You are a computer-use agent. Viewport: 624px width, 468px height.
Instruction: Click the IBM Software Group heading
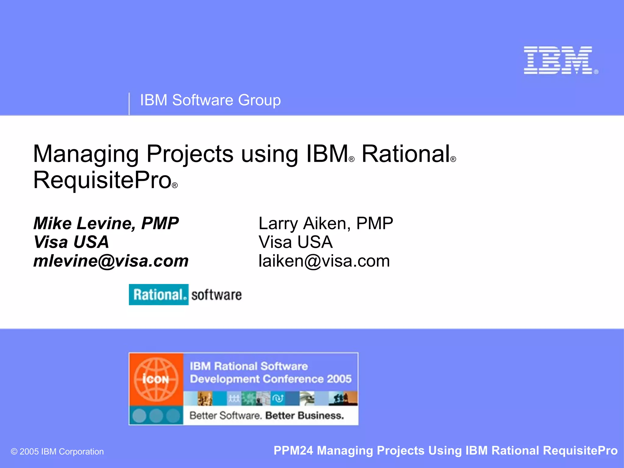point(210,100)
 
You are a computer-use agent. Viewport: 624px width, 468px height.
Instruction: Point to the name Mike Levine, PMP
point(106,224)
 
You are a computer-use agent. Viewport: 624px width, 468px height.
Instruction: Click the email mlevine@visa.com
point(111,261)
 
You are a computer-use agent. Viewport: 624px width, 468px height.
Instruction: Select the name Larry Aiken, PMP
point(326,224)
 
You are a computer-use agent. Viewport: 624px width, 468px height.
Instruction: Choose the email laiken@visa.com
point(324,261)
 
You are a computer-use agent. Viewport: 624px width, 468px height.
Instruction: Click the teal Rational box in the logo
point(158,295)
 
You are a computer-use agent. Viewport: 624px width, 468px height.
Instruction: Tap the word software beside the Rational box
point(216,295)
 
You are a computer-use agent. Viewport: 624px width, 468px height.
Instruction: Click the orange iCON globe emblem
point(156,379)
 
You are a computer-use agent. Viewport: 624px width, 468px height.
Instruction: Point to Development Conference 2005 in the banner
point(271,379)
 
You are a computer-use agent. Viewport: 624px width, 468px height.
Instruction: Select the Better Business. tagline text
point(304,416)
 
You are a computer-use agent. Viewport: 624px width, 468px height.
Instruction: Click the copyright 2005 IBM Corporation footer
point(57,452)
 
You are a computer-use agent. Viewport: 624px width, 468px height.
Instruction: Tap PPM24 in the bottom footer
point(293,451)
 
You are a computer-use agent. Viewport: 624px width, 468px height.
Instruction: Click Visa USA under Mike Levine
point(71,242)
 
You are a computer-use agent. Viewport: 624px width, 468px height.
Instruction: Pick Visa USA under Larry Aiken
point(296,242)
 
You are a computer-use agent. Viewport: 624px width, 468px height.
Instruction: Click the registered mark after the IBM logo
point(596,72)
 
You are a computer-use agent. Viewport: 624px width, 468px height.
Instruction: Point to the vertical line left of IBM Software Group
point(129,104)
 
